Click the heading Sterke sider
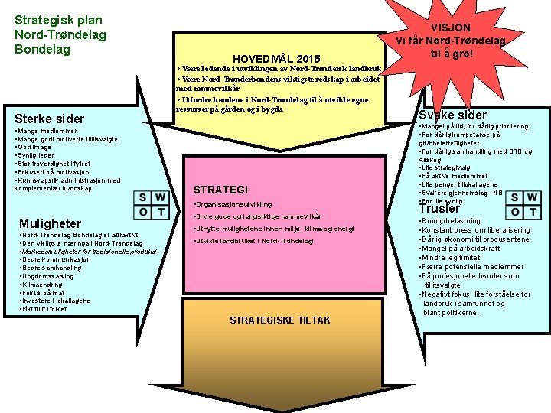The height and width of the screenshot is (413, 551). [50, 119]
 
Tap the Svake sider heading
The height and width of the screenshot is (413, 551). [452, 115]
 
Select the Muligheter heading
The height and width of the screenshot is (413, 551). [50, 223]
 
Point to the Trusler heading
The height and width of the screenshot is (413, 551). [440, 208]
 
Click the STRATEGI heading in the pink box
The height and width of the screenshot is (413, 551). [220, 190]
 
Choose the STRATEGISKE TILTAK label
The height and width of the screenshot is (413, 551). [280, 320]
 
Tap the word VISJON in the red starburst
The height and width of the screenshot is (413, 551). [451, 28]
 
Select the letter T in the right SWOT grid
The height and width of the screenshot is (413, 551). [534, 212]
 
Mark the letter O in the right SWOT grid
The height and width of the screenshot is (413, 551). [516, 212]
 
